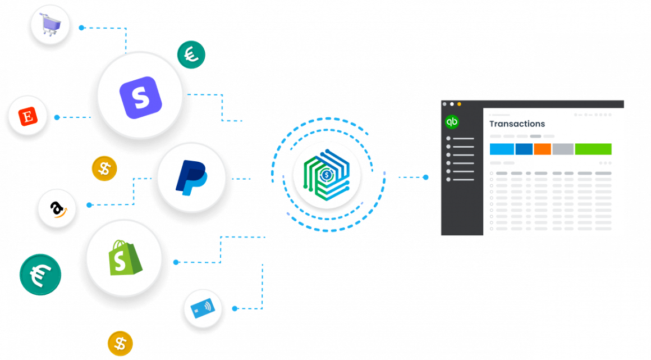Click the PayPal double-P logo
point(191,177)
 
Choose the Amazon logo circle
point(56,209)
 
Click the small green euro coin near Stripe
point(191,54)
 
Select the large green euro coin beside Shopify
point(40,275)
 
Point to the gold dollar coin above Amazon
point(104,168)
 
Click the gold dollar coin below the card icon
point(120,343)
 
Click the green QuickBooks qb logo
point(452,121)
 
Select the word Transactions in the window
point(517,124)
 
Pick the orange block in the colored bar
point(542,149)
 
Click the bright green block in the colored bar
point(593,149)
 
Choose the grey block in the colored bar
point(562,149)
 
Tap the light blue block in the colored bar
point(502,149)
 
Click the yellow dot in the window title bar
point(459,104)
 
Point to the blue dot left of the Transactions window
point(425,177)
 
